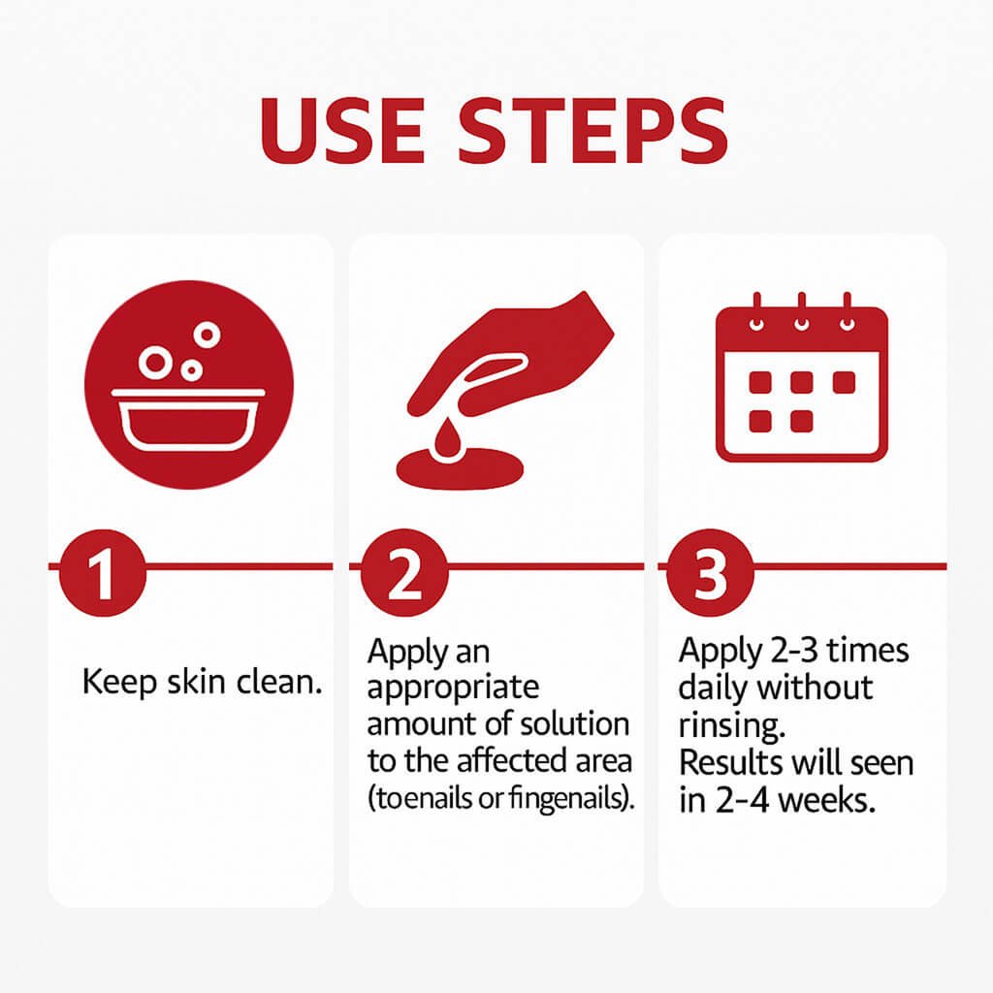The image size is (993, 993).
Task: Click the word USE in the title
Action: tap(342, 131)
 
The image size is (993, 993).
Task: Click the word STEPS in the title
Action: tap(593, 131)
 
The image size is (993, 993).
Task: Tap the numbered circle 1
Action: tap(102, 572)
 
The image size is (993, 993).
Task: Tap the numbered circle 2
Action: tap(404, 572)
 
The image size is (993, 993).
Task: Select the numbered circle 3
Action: tap(710, 572)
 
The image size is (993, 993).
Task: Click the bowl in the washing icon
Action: tap(189, 420)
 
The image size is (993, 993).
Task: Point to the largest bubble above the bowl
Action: tap(155, 362)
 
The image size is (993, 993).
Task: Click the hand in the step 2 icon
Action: tap(510, 356)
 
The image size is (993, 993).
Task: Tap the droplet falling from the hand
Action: tap(447, 436)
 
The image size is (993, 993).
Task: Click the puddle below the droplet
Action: tap(460, 469)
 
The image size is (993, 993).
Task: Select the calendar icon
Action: tap(802, 377)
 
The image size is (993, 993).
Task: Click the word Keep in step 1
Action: tap(119, 683)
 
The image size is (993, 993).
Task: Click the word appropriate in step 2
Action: tap(453, 689)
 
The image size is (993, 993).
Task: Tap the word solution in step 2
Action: tap(576, 723)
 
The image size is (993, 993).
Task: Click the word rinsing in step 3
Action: tap(732, 725)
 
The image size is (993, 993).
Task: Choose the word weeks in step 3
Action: tap(826, 800)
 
